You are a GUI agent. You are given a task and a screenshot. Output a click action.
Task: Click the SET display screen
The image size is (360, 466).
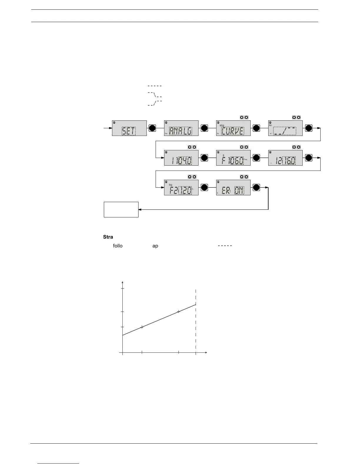tap(129, 128)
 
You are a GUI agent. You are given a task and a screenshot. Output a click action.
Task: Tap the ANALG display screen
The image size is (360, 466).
tap(181, 128)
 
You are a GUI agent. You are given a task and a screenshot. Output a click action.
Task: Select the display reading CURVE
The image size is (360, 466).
tap(233, 128)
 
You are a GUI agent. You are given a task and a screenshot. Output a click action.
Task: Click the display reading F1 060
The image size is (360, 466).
tap(233, 158)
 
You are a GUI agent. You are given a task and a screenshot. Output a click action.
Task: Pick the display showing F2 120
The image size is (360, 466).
tap(181, 188)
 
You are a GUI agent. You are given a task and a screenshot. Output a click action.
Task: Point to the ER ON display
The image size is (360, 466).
tap(233, 188)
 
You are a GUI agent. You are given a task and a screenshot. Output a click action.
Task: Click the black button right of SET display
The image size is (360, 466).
tap(152, 128)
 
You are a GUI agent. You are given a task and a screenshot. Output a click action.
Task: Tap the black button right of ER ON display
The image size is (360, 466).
tap(256, 188)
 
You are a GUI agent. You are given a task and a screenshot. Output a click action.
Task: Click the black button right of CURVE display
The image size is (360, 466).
tap(256, 128)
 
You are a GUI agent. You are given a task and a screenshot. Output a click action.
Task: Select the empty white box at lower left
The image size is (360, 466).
tap(121, 209)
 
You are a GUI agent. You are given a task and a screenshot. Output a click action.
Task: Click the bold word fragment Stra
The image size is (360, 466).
tap(108, 237)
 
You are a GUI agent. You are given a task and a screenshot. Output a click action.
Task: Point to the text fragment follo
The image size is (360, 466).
tap(118, 246)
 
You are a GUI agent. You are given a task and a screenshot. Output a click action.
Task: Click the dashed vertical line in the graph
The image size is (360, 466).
tap(196, 324)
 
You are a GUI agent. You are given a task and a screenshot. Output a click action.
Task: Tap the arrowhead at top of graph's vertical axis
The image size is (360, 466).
tap(122, 283)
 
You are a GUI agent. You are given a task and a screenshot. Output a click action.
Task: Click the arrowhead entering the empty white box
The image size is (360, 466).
tap(140, 209)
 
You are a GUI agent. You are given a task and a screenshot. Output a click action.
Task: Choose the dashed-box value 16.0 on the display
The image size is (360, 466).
tap(289, 161)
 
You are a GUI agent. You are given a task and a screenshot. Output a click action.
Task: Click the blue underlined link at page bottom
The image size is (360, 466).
tap(58, 463)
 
